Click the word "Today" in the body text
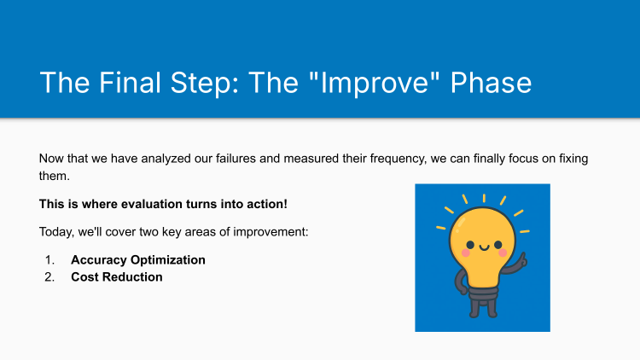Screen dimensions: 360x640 pyautogui.click(x=55, y=232)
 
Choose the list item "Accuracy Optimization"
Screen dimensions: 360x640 pyautogui.click(x=138, y=259)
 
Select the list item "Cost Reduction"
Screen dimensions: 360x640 pyautogui.click(x=117, y=276)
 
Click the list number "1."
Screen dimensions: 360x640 pyautogui.click(x=51, y=259)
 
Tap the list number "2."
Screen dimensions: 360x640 pyautogui.click(x=51, y=276)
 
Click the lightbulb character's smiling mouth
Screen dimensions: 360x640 pyautogui.click(x=485, y=248)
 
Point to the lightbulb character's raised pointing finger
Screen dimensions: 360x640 pyautogui.click(x=521, y=254)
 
